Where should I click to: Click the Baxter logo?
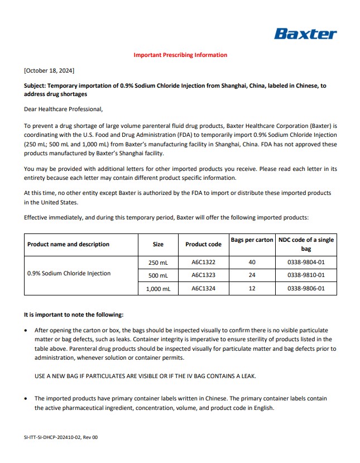pos(305,34)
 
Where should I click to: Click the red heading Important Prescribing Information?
pos(180,55)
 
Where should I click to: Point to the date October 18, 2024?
pos(49,70)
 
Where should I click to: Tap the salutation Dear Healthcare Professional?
pos(63,109)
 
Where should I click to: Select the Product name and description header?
pos(68,244)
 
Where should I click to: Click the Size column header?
pos(158,244)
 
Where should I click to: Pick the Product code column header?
pos(203,244)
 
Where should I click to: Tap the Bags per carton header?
pos(252,240)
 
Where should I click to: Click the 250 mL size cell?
pos(158,262)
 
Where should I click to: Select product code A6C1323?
pos(203,275)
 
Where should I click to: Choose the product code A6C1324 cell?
pos(203,289)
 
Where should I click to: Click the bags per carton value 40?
pos(252,262)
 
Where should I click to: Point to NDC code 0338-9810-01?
pos(306,275)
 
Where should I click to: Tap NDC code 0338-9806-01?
pos(306,289)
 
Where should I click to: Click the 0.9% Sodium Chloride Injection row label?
pos(69,274)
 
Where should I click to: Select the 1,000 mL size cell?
pos(158,289)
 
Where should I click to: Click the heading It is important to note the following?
pos(74,315)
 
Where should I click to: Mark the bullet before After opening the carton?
pos(26,331)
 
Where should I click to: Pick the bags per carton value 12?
pos(252,289)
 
